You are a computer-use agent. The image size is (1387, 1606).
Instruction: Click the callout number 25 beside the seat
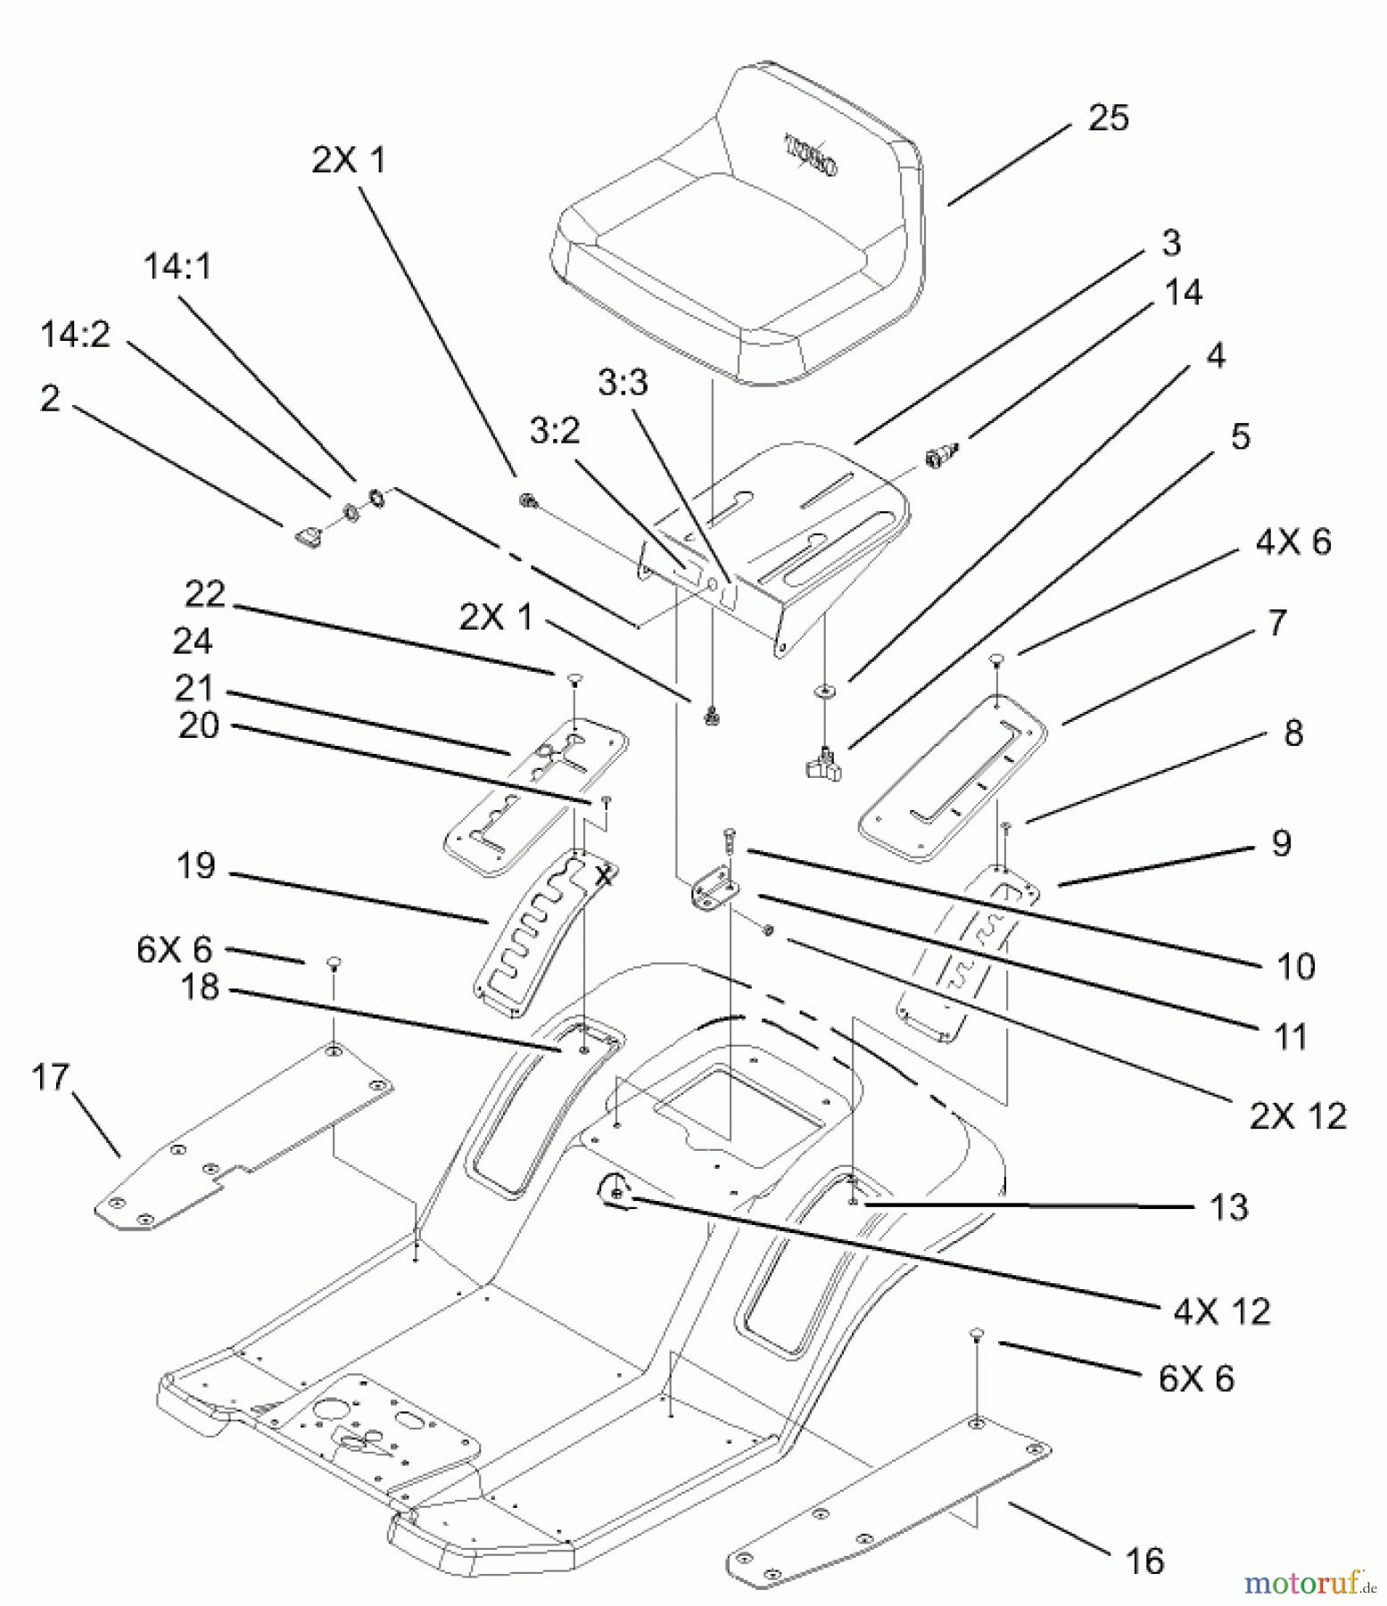(1109, 118)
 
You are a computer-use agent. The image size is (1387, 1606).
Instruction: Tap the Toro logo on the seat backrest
(810, 154)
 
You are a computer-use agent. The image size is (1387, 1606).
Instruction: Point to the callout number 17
(50, 1077)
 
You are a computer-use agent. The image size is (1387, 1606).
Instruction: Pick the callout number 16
(1145, 1560)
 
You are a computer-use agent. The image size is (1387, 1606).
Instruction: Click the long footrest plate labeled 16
(892, 1508)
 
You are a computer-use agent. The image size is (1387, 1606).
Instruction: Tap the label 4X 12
(1221, 1311)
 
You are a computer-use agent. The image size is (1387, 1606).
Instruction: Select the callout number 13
(1228, 1207)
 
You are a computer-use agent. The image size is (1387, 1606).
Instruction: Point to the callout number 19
(196, 865)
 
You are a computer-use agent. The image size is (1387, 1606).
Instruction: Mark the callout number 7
(1277, 623)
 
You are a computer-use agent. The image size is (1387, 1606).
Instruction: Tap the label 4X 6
(1292, 542)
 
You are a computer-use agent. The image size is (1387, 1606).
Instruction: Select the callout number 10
(1296, 966)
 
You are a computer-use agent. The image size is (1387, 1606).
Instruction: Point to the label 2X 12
(1297, 1115)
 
